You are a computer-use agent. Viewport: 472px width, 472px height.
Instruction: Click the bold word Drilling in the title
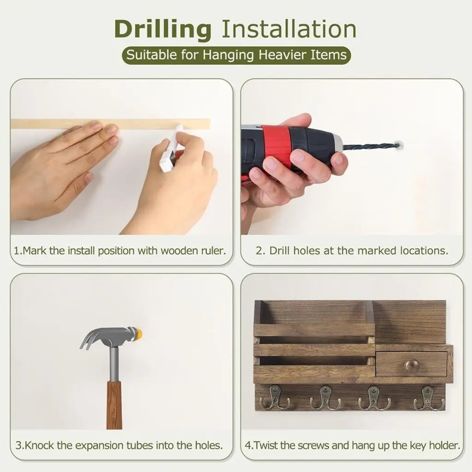163,29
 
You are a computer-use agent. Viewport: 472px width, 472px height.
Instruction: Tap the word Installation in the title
289,29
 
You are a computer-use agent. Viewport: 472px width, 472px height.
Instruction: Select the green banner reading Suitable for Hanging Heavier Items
236,55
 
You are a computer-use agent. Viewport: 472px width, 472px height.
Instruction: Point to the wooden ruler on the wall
111,124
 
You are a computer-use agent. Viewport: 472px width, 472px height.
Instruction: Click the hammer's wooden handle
114,405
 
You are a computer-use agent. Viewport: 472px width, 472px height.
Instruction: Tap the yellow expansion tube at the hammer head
139,333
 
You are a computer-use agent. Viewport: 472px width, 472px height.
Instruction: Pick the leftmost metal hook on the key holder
275,398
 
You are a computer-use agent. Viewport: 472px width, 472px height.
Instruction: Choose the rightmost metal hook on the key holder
428,398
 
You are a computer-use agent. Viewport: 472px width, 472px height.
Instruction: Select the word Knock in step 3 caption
40,446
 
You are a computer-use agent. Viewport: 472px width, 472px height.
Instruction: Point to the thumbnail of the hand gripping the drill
352,157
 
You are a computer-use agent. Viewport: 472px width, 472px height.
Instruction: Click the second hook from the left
325,398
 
